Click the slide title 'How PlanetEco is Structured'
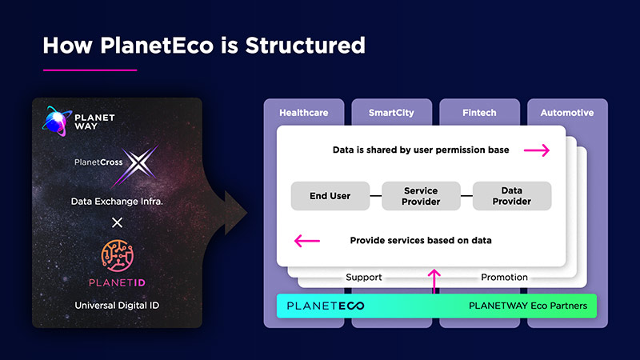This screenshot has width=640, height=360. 203,45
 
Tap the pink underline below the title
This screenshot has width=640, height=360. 90,70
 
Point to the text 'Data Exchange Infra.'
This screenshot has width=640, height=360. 118,202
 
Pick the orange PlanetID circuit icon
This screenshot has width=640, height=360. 118,254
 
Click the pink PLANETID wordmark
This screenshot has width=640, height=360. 118,282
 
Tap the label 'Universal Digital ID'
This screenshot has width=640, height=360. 118,306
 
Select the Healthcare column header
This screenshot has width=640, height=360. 303,113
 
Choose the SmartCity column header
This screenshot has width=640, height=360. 391,113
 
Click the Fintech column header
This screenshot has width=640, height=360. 479,113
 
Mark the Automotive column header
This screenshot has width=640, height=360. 567,113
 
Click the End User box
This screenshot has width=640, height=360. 330,196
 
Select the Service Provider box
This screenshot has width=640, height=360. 421,196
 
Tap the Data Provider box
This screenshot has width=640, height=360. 511,196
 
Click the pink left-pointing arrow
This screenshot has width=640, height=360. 307,240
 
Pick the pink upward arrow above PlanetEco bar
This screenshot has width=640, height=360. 434,281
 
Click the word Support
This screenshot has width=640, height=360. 364,278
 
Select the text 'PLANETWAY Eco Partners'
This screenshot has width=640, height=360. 527,306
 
